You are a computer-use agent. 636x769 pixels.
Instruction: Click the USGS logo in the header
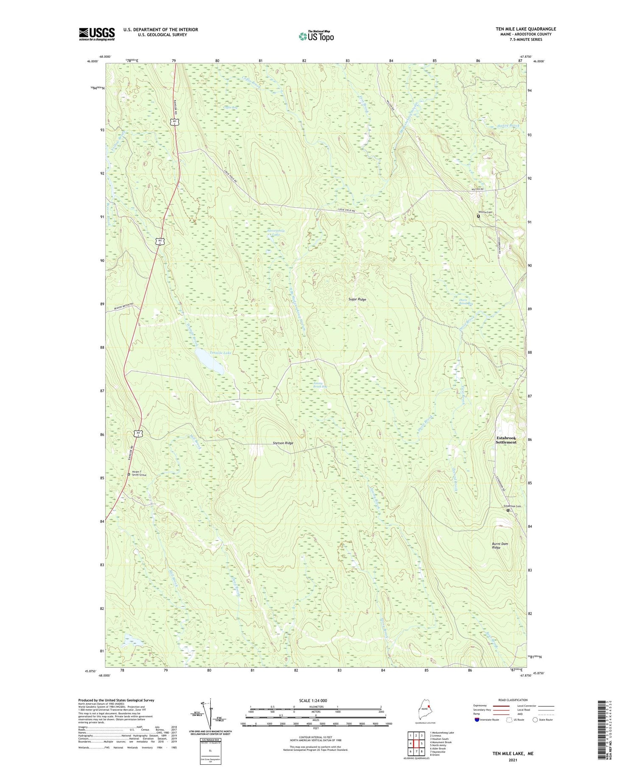click(97, 34)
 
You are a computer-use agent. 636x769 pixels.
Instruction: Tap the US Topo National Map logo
click(316, 36)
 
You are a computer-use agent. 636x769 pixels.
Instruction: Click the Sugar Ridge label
click(357, 299)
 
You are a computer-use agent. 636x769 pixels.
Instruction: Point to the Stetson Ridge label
click(283, 443)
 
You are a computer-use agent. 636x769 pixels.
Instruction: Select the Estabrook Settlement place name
click(506, 439)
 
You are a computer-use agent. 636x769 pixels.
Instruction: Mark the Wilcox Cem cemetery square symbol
click(479, 216)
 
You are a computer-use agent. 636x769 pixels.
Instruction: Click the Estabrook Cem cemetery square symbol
click(508, 510)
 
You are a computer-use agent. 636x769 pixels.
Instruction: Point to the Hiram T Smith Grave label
click(139, 473)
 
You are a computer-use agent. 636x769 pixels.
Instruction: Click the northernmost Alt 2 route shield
click(176, 122)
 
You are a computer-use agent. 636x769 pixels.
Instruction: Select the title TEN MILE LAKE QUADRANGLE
click(526, 29)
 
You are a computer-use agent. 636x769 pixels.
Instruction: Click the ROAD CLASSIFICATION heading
click(513, 700)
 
